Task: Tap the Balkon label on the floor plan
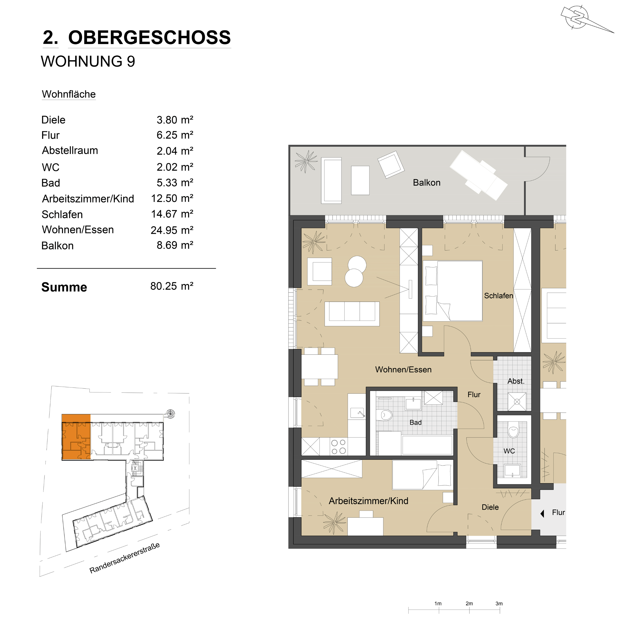tap(427, 183)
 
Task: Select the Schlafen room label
tap(498, 296)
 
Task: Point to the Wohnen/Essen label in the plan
tap(403, 370)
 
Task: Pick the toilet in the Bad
tap(386, 415)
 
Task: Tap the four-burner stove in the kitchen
tap(339, 447)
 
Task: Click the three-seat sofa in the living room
tap(352, 314)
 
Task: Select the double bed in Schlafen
tap(452, 291)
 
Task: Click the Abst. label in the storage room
tap(516, 381)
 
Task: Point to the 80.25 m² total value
tap(172, 286)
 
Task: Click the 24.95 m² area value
tap(172, 230)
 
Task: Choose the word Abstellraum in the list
tap(70, 151)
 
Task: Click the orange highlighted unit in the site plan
tap(76, 437)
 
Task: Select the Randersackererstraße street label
tap(125, 558)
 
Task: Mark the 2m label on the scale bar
tap(469, 603)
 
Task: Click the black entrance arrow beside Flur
tap(542, 513)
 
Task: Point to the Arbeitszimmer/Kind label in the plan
tap(368, 501)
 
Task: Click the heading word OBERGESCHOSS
tap(149, 37)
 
